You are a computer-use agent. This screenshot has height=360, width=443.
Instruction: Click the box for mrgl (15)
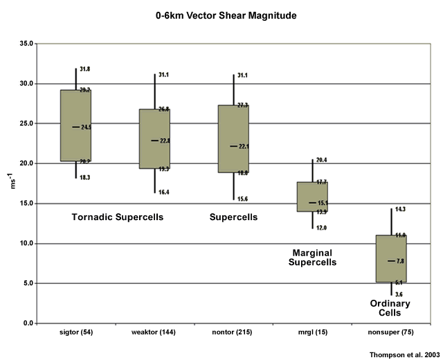311,197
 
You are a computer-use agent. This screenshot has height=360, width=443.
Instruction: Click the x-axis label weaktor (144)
155,332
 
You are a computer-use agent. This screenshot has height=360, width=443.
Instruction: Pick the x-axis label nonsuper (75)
391,332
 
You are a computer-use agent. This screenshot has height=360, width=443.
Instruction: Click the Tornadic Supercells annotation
118,217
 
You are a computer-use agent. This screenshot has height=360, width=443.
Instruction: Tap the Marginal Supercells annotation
311,258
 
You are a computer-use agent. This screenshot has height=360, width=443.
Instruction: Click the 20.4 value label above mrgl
322,160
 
